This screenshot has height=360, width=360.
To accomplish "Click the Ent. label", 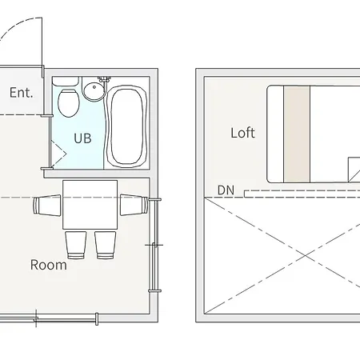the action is (x=22, y=93).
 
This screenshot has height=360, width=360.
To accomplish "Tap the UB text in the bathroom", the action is (x=82, y=138).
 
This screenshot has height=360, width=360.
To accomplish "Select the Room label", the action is (x=49, y=265).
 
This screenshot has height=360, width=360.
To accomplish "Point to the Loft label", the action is (x=242, y=133).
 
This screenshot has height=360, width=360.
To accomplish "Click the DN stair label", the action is (x=226, y=190).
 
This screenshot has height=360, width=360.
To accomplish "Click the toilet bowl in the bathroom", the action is (x=69, y=103).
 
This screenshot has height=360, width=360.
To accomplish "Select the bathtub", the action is (x=127, y=126).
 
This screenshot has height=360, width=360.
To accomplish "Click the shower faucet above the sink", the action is (x=104, y=80).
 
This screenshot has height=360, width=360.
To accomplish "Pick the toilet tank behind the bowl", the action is (x=66, y=82).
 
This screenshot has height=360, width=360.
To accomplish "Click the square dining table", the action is (x=90, y=205).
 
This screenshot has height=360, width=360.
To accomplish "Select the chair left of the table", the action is (x=47, y=205).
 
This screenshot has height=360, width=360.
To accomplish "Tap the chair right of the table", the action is (x=134, y=205).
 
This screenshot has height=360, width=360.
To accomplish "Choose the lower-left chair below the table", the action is (x=76, y=245).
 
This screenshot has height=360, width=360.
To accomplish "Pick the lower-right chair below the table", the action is (x=106, y=245).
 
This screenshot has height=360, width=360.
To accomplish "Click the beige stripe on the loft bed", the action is (x=297, y=134).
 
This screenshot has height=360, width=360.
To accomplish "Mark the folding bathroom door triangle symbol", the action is (x=58, y=154).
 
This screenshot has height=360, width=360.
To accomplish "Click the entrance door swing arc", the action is (x=16, y=26).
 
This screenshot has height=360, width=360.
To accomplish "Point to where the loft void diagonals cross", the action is (x=306, y=256).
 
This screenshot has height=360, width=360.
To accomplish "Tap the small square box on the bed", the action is (x=354, y=170).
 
